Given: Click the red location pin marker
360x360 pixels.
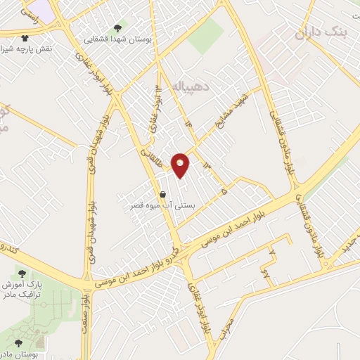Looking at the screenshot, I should point(181,165).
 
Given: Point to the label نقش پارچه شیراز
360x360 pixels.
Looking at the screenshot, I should point(27,51).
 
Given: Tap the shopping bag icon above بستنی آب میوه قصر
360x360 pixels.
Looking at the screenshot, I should point(163,194).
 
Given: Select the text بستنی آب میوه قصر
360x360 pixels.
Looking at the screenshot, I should point(163,207).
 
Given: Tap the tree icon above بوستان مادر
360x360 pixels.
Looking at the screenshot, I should point(18,342).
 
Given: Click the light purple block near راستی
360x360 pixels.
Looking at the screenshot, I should point(43,9).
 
